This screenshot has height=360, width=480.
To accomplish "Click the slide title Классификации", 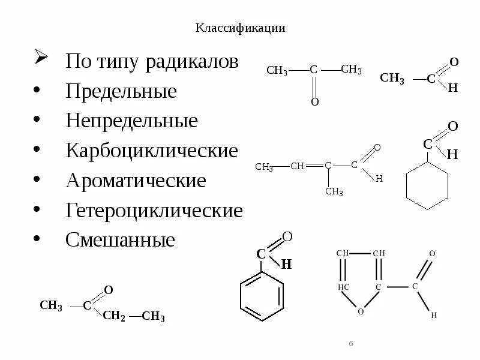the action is pyautogui.click(x=239, y=28).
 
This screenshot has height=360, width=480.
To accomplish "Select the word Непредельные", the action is pyautogui.click(x=131, y=121).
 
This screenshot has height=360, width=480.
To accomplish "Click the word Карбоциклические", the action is pyautogui.click(x=152, y=151).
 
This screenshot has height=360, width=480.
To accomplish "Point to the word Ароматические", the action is pyautogui.click(x=136, y=181).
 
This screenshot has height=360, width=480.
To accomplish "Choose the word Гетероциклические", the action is pyautogui.click(x=154, y=211).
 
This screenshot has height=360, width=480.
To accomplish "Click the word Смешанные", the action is pyautogui.click(x=120, y=241).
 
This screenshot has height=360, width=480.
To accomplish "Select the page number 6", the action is pyautogui.click(x=351, y=343).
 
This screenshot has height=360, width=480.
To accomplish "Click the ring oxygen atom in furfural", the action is pyautogui.click(x=361, y=311).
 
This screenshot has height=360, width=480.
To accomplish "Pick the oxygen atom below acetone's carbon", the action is pyautogui.click(x=314, y=102).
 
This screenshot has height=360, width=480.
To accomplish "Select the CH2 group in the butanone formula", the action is pyautogui.click(x=114, y=316).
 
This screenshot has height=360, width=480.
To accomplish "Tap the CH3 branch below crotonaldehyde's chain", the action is pyautogui.click(x=334, y=192).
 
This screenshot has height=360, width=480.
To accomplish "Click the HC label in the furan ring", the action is pyautogui.click(x=343, y=287).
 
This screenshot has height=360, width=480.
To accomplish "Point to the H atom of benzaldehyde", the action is pyautogui.click(x=287, y=264).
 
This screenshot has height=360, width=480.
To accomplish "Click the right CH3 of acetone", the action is pyautogui.click(x=351, y=70).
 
